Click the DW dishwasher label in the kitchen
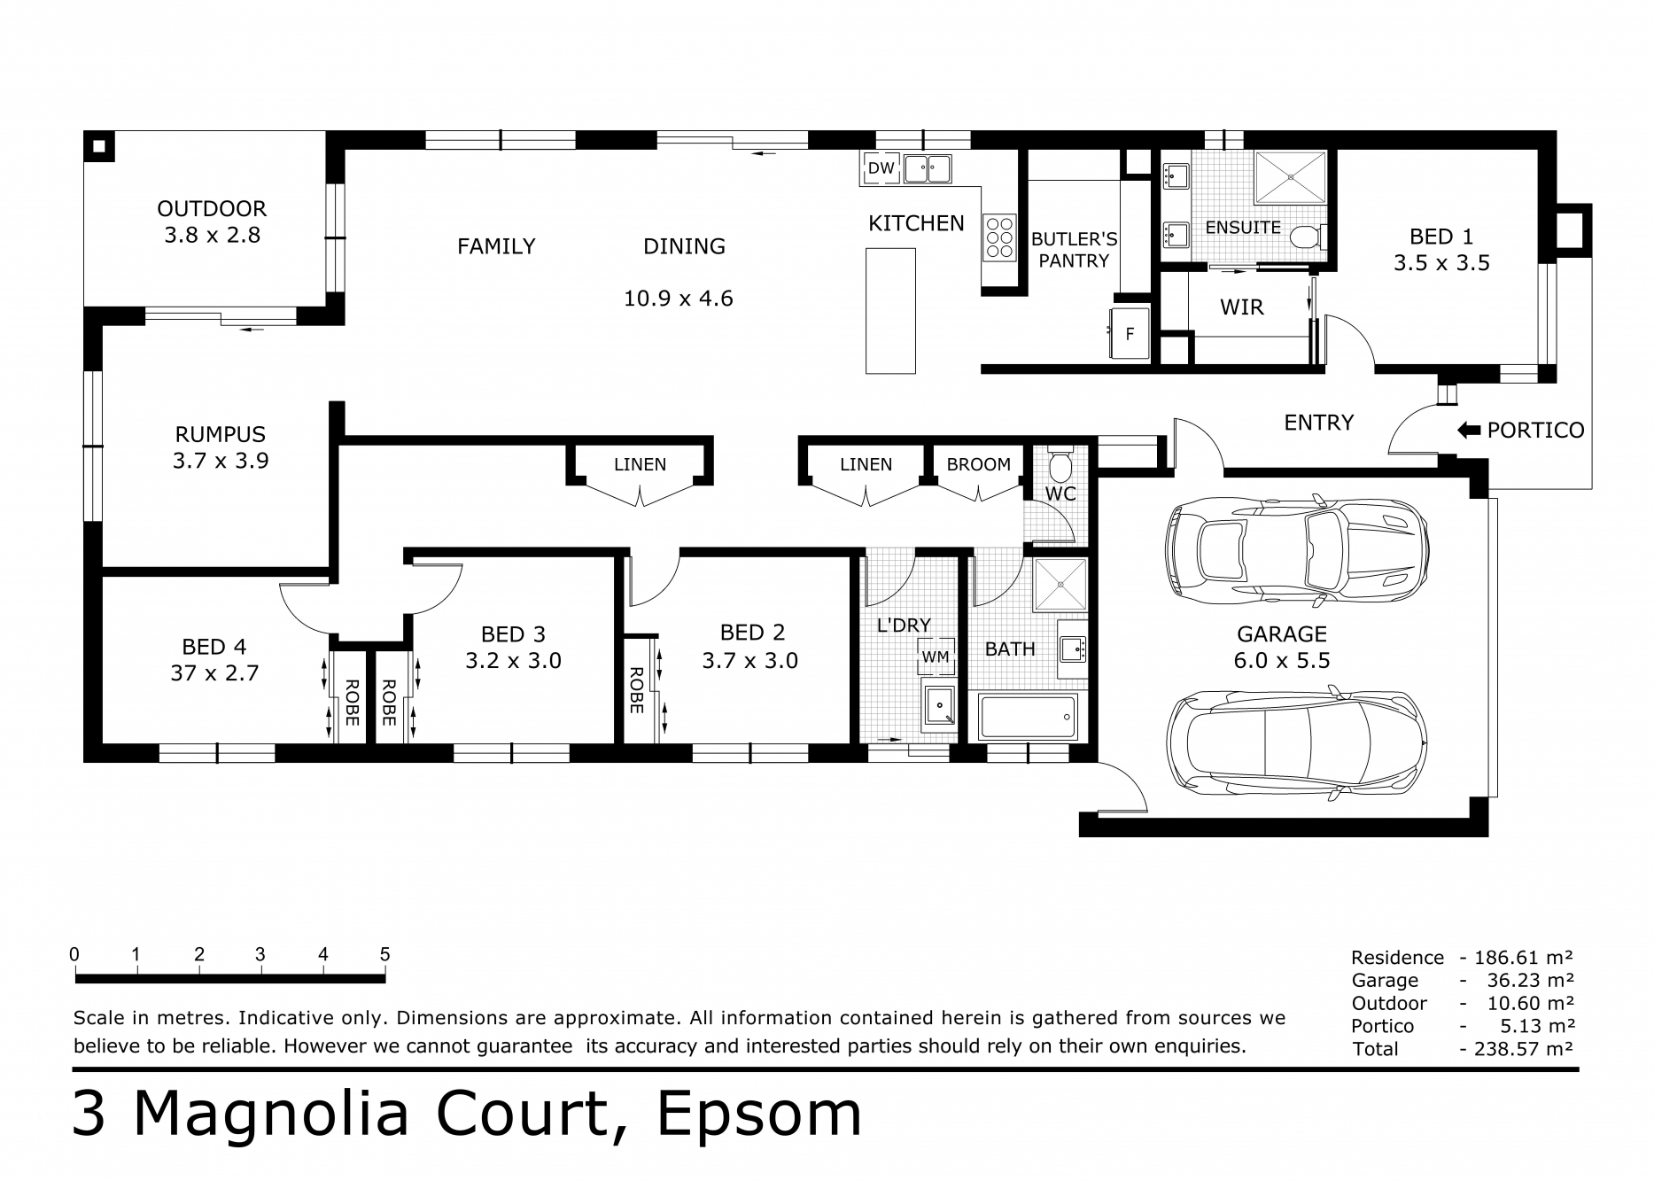[881, 168]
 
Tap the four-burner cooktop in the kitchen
[999, 238]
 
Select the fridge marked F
[1130, 334]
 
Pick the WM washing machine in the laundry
[936, 657]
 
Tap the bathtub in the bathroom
[1029, 716]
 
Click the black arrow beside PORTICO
[1469, 431]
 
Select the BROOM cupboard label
[978, 464]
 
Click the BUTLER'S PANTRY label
[1074, 250]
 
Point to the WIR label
[1242, 307]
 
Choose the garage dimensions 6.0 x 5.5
[1282, 661]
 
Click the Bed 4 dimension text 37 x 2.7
[214, 673]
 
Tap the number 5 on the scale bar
[384, 955]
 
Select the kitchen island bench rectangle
[890, 311]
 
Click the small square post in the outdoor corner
[99, 147]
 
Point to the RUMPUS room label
[220, 434]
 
